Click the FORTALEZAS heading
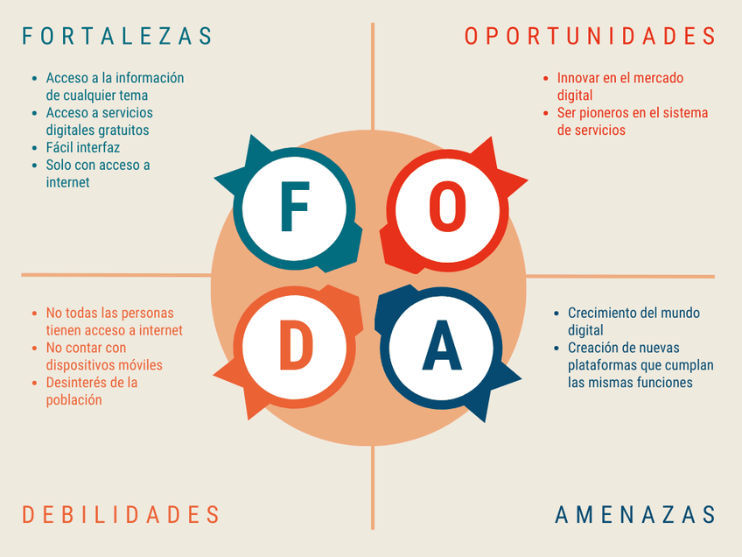tap(117, 36)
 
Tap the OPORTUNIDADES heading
tap(590, 36)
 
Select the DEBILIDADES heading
tap(121, 514)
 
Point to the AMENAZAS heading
tap(635, 514)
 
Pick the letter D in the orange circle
tap(295, 344)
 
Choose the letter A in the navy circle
tap(442, 344)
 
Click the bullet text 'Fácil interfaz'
tap(83, 148)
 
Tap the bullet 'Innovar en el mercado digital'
tap(619, 87)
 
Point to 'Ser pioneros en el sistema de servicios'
tap(632, 122)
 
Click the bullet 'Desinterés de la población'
tap(91, 391)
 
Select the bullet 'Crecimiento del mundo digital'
tap(633, 321)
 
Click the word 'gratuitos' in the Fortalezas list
tap(122, 130)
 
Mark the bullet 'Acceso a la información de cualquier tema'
tap(114, 87)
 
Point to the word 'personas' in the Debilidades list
tap(146, 313)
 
